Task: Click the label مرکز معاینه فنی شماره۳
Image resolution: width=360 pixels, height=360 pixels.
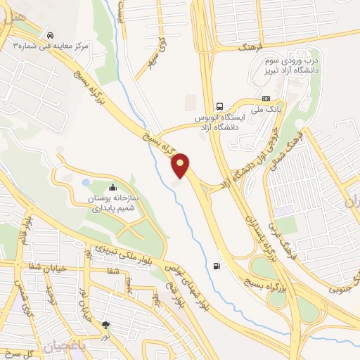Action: pyautogui.click(x=53, y=46)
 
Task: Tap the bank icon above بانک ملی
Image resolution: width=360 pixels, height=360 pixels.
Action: pyautogui.click(x=266, y=98)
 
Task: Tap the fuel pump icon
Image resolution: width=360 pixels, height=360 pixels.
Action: pyautogui.click(x=216, y=266)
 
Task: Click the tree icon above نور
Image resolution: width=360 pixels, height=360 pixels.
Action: pyautogui.click(x=105, y=325)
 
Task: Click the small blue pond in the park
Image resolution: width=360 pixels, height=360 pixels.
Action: pyautogui.click(x=86, y=183)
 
